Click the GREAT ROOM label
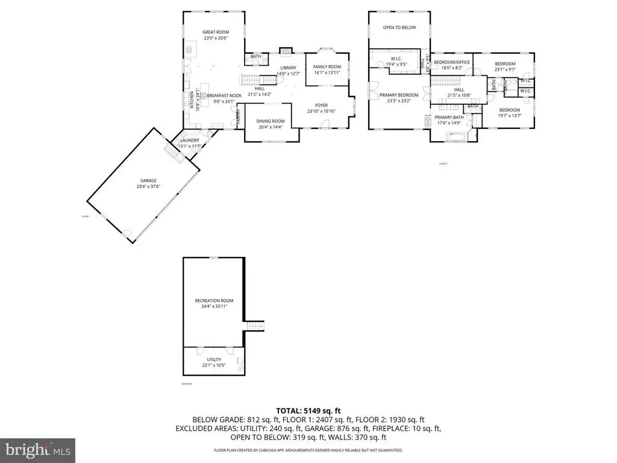point(215,32)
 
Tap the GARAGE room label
point(149,180)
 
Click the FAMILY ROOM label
point(327,66)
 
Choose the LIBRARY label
point(288,68)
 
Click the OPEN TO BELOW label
point(399,27)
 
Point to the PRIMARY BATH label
point(449,117)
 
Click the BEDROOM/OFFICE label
point(452,62)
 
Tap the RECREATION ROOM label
point(214,300)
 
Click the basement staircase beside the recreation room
point(255,326)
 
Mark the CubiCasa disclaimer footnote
point(308,450)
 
